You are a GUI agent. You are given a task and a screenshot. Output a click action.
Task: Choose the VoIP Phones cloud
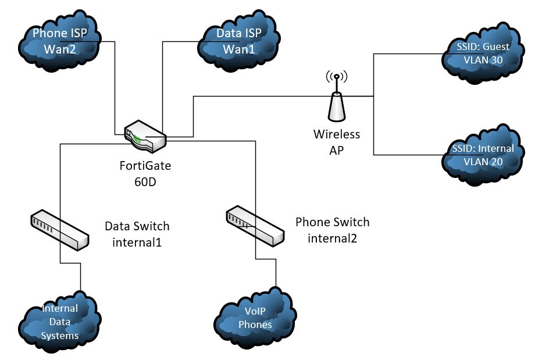pyautogui.click(x=255, y=318)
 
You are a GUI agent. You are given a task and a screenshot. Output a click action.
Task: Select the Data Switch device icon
pyautogui.click(x=59, y=230)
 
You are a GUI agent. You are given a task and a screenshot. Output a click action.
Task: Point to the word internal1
pyautogui.click(x=137, y=241)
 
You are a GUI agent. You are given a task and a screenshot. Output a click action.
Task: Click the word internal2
pyautogui.click(x=332, y=237)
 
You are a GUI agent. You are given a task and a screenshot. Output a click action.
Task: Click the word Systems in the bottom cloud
pyautogui.click(x=60, y=336)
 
